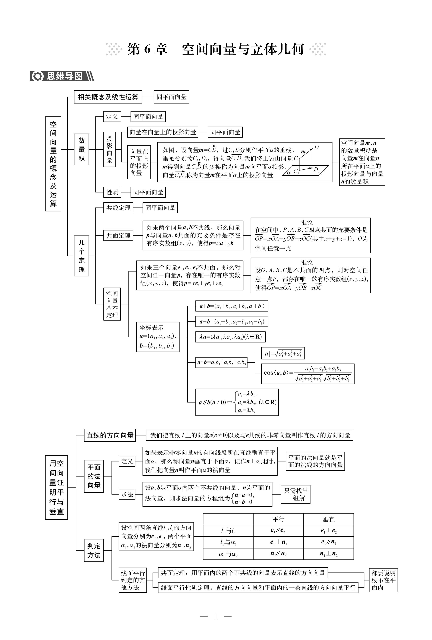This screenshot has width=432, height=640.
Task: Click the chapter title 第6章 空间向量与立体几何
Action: pos(215,49)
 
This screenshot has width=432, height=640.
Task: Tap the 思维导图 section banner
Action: pos(62,76)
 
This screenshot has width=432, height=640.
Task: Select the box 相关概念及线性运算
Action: pos(108,97)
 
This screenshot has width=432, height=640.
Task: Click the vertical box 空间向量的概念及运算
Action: pos(53,164)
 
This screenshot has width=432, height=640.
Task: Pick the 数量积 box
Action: pos(81,149)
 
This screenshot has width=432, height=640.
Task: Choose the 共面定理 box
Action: pos(118,235)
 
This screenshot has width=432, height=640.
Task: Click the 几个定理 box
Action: pos(81,256)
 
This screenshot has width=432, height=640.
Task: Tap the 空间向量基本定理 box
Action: pos(112,304)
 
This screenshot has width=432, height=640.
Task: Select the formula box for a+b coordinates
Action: pos(231,306)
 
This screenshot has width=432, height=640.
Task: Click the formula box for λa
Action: pos(230,337)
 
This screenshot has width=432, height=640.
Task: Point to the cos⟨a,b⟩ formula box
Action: pos(308,374)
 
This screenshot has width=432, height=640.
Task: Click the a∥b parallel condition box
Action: pos(237,402)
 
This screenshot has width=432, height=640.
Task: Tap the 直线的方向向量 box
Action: pos(110,435)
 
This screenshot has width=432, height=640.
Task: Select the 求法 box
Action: pos(127,494)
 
